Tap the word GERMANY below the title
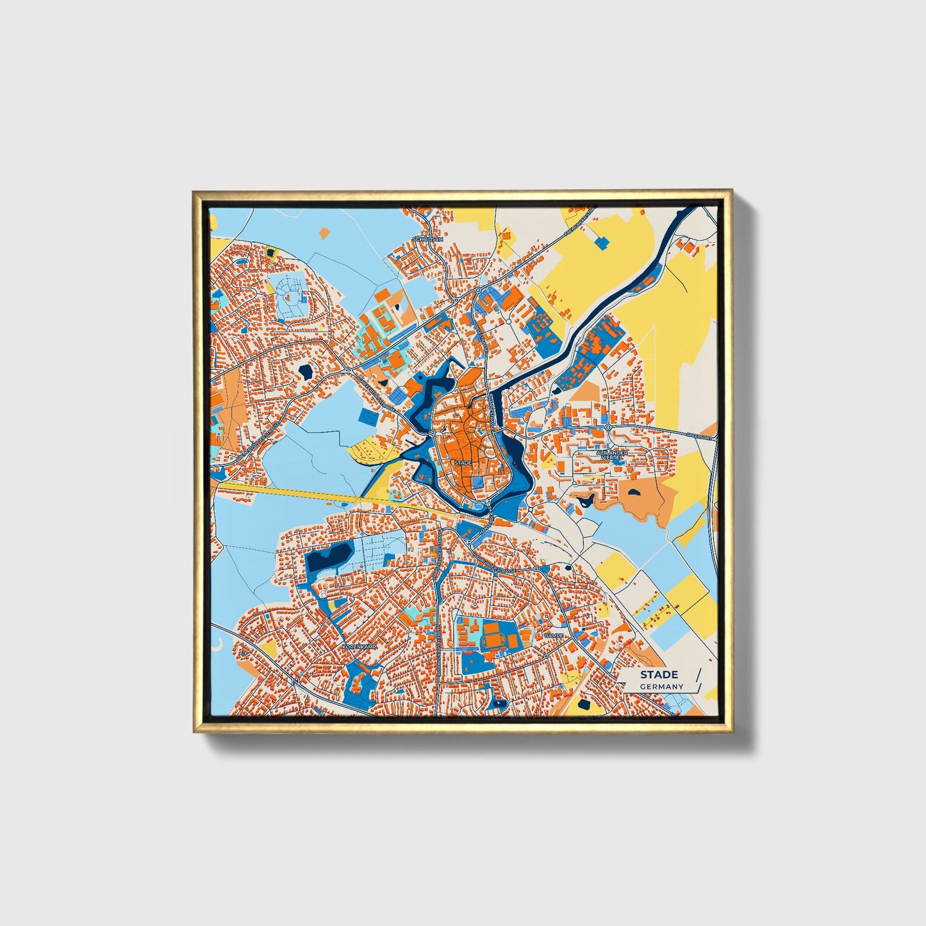pos(661,686)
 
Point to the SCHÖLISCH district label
pos(428,238)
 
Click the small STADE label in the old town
pos(462,462)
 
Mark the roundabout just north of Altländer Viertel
pos(607,427)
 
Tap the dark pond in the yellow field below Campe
pos(584,705)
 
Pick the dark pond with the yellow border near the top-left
pos(270,252)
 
